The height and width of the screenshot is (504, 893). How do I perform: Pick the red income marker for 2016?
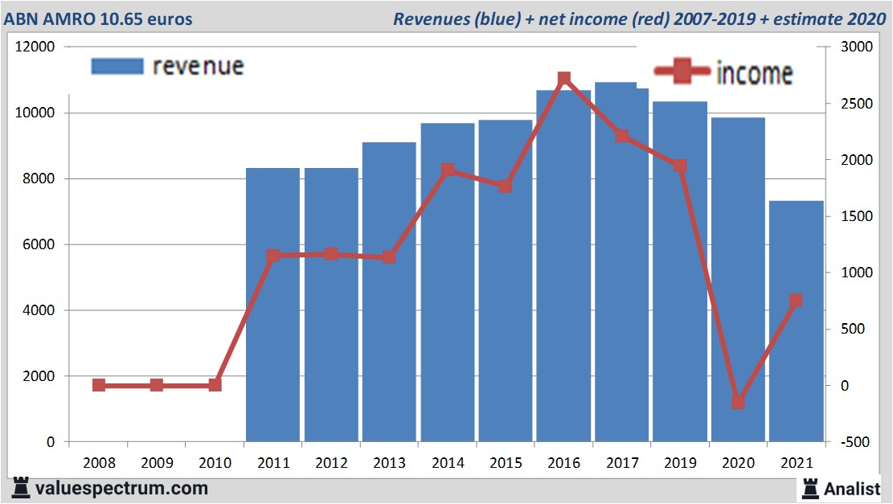point(564,79)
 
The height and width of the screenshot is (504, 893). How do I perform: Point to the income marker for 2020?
point(739,402)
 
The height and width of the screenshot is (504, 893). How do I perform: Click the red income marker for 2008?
point(99,385)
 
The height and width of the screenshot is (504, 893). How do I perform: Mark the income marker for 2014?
point(448,170)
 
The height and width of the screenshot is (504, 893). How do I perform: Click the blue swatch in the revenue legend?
point(117,66)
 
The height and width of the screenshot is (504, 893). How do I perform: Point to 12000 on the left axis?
point(35,47)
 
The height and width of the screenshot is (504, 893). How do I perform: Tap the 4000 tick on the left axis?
point(39,310)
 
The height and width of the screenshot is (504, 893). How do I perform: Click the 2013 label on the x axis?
point(390,463)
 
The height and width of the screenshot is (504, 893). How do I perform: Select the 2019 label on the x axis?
point(680,463)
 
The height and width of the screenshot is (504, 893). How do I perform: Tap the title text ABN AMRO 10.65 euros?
point(98,18)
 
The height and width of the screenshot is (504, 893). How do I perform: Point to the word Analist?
point(853,488)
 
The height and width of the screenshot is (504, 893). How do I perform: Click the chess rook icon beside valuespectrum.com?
point(20,487)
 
